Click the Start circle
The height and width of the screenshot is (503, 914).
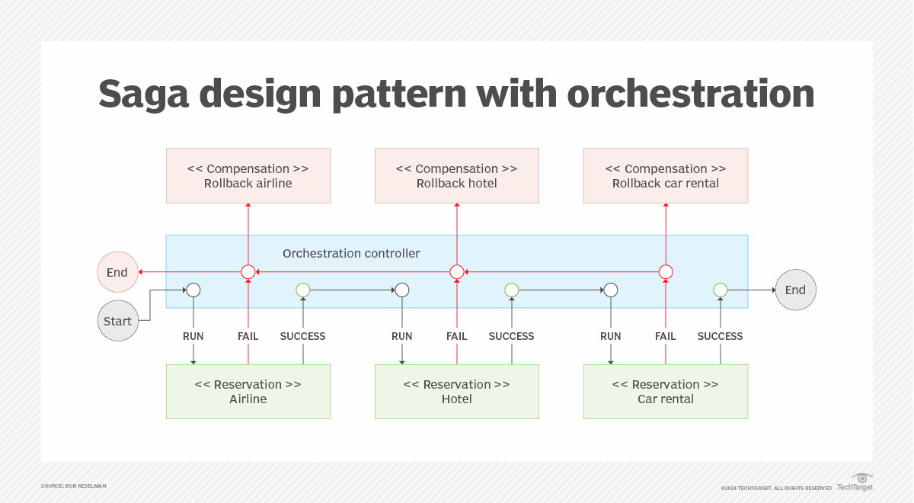click(x=117, y=321)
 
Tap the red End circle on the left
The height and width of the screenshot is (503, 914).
click(x=117, y=272)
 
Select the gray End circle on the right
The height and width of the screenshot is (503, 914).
click(x=795, y=290)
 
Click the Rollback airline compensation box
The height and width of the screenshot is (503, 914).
click(x=248, y=176)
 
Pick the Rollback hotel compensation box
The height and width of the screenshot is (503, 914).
click(x=457, y=176)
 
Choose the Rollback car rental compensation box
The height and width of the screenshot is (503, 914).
click(x=666, y=176)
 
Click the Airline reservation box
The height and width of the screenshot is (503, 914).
click(x=248, y=392)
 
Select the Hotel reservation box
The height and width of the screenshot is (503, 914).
click(x=457, y=392)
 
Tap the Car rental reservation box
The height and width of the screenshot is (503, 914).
click(x=666, y=392)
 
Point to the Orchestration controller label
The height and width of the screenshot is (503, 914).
click(x=351, y=253)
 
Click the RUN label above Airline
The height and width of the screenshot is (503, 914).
click(x=193, y=336)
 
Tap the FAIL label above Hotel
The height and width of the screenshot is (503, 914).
click(x=457, y=336)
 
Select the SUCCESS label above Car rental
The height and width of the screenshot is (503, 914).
click(x=720, y=336)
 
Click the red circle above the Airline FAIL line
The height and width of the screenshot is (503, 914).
click(x=248, y=272)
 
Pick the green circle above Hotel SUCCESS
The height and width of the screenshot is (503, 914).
click(x=512, y=290)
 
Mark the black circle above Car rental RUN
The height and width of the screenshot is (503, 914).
click(x=611, y=290)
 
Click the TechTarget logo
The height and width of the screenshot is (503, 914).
click(x=855, y=482)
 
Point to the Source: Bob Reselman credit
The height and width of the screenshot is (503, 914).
click(x=74, y=485)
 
